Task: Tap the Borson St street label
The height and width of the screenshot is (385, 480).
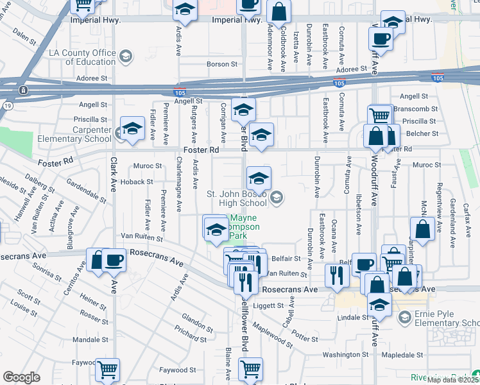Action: pos(222,64)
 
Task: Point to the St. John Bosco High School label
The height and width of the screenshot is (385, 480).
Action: pos(236,198)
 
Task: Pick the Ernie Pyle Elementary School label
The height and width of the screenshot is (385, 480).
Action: pos(445,318)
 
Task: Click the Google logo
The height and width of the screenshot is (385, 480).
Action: pos(21,377)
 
